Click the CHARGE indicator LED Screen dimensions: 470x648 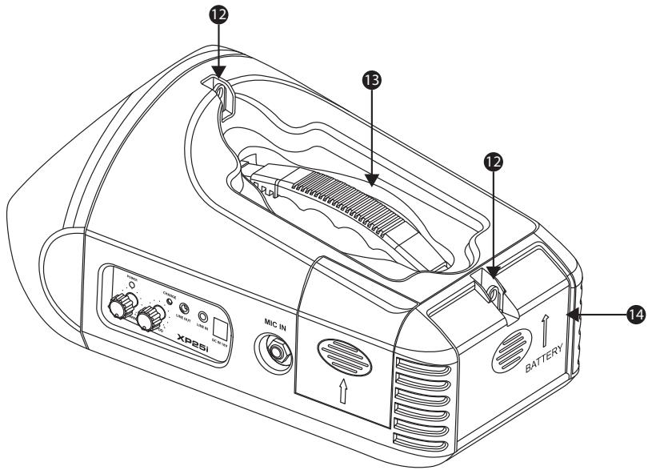[x=169, y=300]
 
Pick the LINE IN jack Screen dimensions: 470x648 [x=204, y=316]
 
